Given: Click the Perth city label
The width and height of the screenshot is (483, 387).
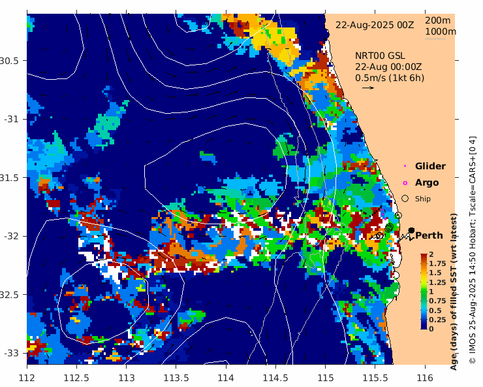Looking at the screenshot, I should (x=429, y=235).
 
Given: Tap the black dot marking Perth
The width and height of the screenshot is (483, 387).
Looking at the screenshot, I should (x=411, y=230).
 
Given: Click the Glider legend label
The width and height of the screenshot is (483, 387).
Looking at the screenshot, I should (x=430, y=167).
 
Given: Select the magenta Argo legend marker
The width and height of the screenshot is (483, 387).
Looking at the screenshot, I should (x=405, y=183).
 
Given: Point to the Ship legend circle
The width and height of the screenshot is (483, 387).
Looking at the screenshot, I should (x=405, y=198).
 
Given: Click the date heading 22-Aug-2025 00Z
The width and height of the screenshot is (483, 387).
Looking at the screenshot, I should (x=375, y=25).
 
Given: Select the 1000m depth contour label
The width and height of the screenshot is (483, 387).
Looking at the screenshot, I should (x=441, y=31).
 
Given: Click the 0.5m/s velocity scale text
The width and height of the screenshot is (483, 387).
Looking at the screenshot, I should (x=390, y=78).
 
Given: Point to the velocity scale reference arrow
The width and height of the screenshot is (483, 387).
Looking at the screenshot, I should (x=367, y=88).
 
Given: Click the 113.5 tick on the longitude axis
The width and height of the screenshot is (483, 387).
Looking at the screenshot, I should (x=176, y=378).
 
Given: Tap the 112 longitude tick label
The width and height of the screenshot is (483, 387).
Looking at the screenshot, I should (x=27, y=378).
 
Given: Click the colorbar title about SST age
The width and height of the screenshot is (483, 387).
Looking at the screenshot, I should (x=454, y=291).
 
